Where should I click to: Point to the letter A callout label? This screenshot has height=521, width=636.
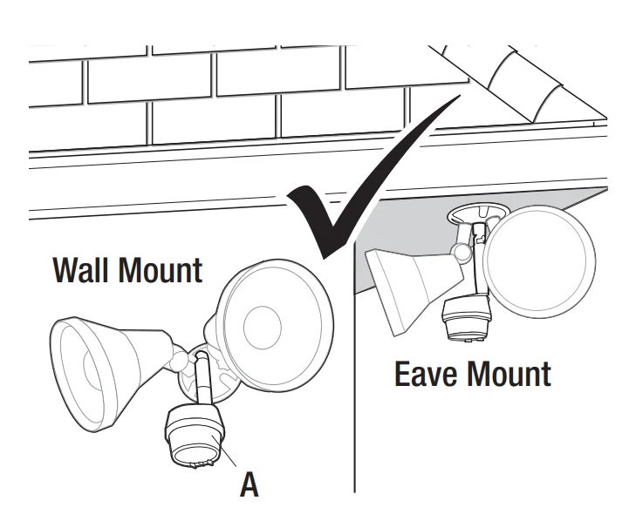(x=250, y=482)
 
